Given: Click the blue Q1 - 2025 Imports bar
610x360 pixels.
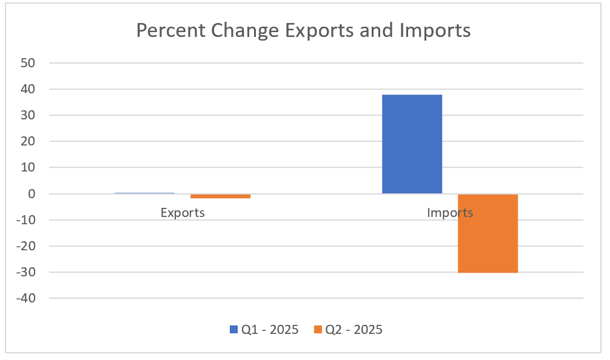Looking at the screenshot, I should (412, 144).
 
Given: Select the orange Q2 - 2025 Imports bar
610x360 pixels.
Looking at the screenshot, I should (488, 233).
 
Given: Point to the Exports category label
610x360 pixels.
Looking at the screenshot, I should (183, 213).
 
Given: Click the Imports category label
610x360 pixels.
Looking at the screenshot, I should (450, 213).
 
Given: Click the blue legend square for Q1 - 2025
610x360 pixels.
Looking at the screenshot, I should (233, 330).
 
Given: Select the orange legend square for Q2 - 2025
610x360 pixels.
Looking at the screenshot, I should (318, 330).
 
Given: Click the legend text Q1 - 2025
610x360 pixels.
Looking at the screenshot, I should (270, 330).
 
